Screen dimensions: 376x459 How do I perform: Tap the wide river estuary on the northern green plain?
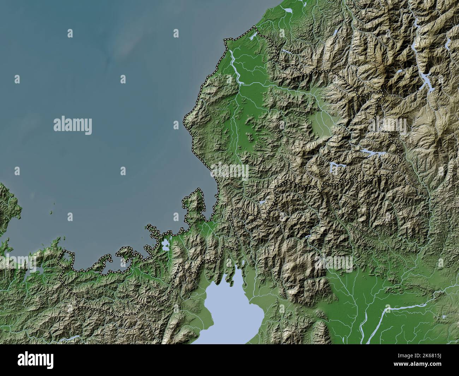click(x=234, y=65)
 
